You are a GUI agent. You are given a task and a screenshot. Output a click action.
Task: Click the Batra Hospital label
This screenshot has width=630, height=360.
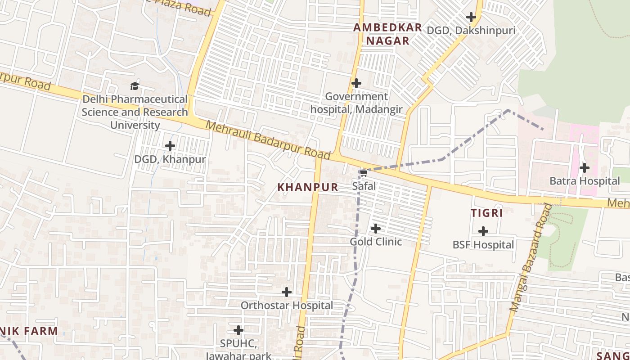click(585, 181)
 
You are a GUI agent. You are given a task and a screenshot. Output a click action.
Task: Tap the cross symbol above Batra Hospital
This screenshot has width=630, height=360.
click(585, 168)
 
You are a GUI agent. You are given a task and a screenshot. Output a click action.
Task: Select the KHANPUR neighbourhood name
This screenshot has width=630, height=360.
click(308, 187)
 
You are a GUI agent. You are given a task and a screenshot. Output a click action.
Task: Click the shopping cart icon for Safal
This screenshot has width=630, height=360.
click(364, 173)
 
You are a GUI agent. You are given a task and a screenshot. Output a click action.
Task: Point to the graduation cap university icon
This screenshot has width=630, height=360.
click(135, 86)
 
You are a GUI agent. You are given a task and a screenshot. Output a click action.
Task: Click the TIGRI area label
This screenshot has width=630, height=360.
click(487, 213)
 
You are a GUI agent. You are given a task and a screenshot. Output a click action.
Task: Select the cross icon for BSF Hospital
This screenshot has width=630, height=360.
click(483, 231)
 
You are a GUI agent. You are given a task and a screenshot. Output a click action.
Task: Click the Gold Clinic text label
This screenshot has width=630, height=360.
click(376, 242)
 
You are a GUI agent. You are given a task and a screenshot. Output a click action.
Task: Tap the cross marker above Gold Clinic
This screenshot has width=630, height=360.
click(376, 229)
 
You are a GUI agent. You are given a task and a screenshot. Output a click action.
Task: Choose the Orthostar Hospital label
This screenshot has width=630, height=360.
click(287, 306)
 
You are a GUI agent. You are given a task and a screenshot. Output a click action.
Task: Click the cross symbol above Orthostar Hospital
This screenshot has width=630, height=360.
click(287, 292)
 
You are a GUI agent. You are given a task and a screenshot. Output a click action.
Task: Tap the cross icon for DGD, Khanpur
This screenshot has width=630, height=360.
click(170, 146)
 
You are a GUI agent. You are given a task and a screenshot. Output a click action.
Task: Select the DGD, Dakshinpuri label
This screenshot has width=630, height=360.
click(471, 31)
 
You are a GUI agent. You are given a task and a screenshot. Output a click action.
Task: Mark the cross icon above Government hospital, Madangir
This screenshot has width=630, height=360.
click(356, 83)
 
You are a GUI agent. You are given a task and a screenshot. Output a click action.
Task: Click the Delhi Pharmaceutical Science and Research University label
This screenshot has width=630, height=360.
click(135, 112)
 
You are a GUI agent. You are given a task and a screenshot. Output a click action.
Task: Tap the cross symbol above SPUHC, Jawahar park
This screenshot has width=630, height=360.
click(238, 330)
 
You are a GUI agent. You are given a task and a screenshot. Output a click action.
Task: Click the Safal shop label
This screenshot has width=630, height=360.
click(364, 185)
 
